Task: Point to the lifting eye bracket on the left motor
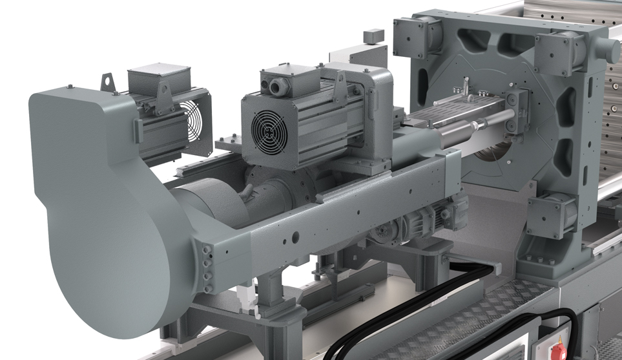coord(106,81)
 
